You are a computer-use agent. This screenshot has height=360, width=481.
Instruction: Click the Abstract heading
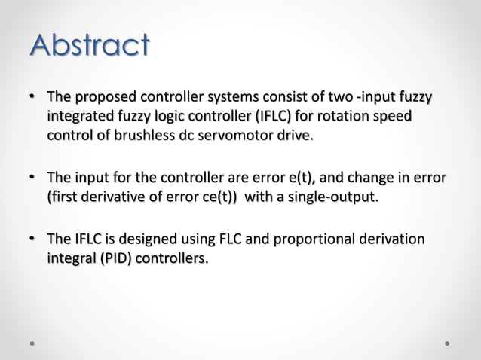click(x=89, y=45)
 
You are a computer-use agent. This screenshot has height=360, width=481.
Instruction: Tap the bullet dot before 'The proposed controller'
click(x=32, y=99)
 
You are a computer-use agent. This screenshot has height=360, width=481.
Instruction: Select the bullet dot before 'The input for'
click(x=32, y=179)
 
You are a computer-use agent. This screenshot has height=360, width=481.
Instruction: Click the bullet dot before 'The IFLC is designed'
click(x=32, y=240)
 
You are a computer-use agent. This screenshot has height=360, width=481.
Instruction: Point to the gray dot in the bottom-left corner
click(x=33, y=343)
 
